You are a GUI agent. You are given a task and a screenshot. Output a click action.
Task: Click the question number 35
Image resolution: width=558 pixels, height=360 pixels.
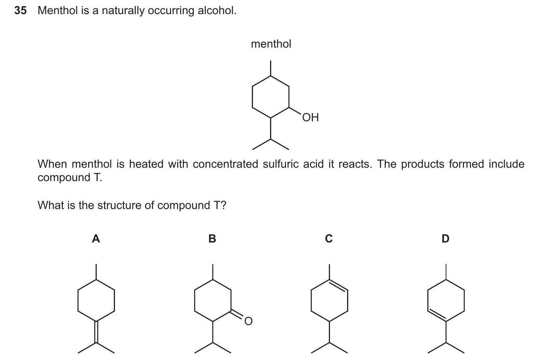tap(20, 10)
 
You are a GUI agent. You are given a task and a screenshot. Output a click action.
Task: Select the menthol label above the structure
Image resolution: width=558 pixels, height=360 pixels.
tap(271, 44)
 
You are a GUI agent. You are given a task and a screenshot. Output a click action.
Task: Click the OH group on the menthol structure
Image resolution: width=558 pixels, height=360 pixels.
tap(310, 118)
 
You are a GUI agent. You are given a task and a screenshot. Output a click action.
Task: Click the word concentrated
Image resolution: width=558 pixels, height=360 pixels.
tap(225, 164)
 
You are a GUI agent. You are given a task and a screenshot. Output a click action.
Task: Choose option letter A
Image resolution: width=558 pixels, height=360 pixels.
tap(96, 238)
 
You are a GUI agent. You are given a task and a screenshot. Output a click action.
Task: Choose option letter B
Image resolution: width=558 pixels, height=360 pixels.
tap(212, 238)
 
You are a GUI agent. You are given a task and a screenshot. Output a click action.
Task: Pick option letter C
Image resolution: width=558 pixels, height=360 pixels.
tap(328, 238)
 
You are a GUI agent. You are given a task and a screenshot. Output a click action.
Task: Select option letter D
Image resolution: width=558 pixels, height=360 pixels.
tap(445, 238)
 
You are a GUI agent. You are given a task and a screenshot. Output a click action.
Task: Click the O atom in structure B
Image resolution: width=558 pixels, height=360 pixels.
tap(248, 321)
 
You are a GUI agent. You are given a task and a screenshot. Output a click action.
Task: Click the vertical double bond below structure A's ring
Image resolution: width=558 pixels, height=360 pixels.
tap(96, 332)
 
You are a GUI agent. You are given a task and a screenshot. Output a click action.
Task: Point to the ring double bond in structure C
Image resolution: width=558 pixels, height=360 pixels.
tap(338, 286)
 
